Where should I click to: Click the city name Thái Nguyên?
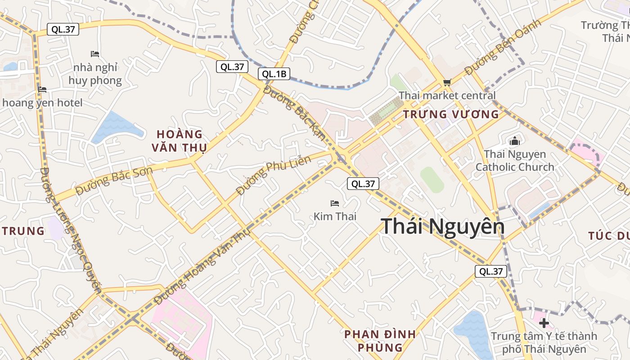click(443, 226)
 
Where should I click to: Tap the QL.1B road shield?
click(274, 74)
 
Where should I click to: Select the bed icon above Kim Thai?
click(335, 203)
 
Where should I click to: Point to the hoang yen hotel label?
click(43, 103)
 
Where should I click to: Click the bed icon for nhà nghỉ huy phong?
click(95, 54)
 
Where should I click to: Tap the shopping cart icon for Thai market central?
click(447, 82)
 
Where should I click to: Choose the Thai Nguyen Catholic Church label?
click(515, 161)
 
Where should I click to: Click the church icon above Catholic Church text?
click(515, 141)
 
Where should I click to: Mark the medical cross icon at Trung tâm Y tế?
click(544, 323)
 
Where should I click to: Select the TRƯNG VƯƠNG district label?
click(451, 114)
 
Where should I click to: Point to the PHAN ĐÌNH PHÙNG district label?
click(380, 341)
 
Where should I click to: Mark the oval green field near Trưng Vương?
click(432, 180)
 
